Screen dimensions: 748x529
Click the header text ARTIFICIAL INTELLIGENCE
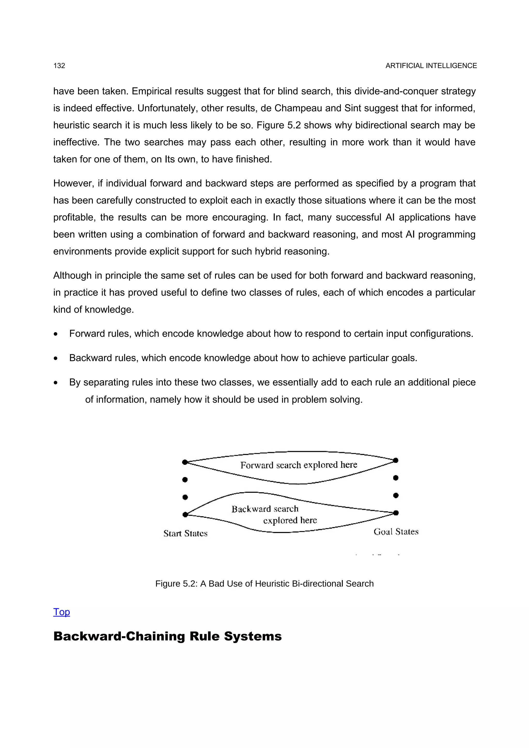point(431,66)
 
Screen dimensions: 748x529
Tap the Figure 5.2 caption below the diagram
point(264,584)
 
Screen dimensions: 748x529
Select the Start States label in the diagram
point(185,533)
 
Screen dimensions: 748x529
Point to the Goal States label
point(396,532)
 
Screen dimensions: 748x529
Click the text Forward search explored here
point(299,465)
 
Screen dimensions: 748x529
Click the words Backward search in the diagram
point(265,509)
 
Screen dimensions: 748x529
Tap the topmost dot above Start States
point(185,462)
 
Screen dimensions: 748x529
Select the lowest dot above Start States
point(185,515)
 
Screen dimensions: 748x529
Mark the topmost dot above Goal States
point(396,460)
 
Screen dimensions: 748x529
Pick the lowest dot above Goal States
point(396,513)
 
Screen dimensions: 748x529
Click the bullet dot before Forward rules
point(56,334)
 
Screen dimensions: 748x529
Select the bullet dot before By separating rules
point(56,383)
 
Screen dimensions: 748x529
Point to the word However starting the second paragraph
point(74,184)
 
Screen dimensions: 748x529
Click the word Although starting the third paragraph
point(72,276)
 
